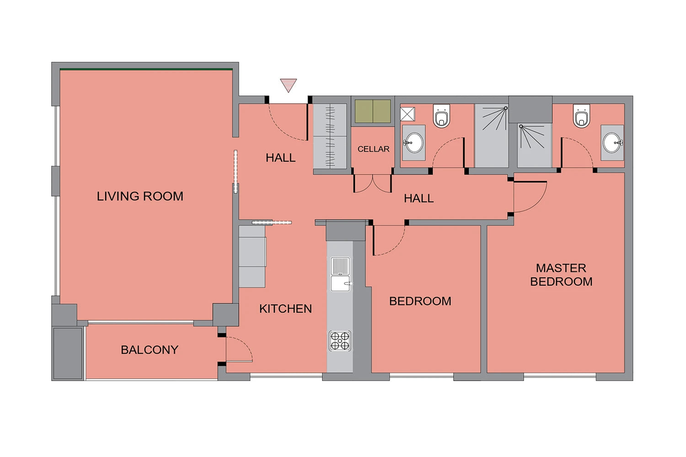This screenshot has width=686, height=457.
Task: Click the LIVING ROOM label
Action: pyautogui.click(x=140, y=196)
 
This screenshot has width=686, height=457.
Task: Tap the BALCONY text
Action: pyautogui.click(x=150, y=350)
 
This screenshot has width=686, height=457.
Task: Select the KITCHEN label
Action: pyautogui.click(x=285, y=308)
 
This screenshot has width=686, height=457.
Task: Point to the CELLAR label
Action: pyautogui.click(x=373, y=149)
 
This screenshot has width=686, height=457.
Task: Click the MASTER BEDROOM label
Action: pyautogui.click(x=561, y=275)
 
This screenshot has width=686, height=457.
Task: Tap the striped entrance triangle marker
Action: pyautogui.click(x=288, y=85)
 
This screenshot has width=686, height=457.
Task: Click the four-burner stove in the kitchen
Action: pyautogui.click(x=340, y=340)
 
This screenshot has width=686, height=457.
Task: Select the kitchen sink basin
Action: pyautogui.click(x=340, y=284)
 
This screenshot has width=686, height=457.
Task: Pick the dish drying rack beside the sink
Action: pyautogui.click(x=340, y=266)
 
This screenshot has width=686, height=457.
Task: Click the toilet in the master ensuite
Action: pyautogui.click(x=581, y=116)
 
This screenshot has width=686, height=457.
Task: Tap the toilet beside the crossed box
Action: pyautogui.click(x=441, y=116)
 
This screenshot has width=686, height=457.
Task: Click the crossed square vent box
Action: pyautogui.click(x=407, y=114)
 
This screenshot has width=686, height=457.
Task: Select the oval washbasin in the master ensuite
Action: pyautogui.click(x=612, y=143)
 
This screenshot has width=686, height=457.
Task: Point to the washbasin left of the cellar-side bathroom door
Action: pyautogui.click(x=413, y=143)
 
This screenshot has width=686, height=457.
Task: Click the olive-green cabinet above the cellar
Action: pyautogui.click(x=373, y=111)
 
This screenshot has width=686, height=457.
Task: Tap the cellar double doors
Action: pyautogui.click(x=373, y=183)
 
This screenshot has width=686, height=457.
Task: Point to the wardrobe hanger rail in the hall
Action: pyautogui.click(x=330, y=136)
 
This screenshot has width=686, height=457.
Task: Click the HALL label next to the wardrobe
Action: pyautogui.click(x=280, y=158)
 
